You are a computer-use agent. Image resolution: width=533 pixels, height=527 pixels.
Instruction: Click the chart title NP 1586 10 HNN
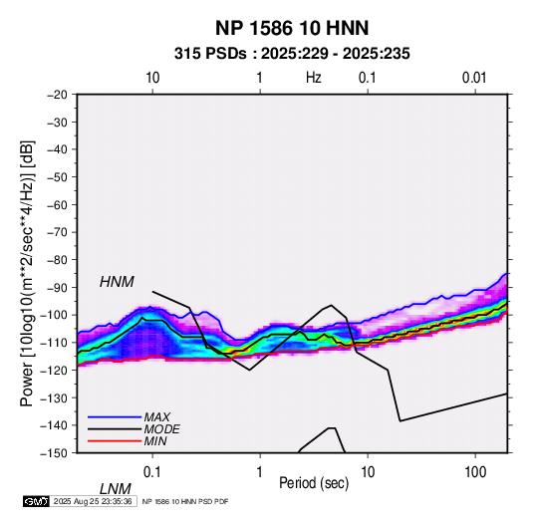coord(292,28)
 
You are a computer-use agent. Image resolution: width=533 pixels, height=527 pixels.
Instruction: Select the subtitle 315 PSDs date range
coord(292,54)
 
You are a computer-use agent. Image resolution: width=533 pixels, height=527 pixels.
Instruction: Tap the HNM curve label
coord(117,282)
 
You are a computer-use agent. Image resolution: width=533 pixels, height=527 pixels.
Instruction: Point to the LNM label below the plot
coord(116,489)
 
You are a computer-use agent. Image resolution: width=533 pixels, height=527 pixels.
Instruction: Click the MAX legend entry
coord(157,416)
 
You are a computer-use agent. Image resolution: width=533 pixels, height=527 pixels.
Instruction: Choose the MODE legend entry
coord(161,429)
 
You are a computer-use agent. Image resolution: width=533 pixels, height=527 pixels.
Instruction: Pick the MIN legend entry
coord(155,441)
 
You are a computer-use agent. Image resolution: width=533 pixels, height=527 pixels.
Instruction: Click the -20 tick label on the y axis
coord(57,95)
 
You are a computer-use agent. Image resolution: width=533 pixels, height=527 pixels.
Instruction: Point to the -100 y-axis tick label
coord(54,315)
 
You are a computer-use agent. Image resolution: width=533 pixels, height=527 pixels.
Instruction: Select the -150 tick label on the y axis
coord(54,453)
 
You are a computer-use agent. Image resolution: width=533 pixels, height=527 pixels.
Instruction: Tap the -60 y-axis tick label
coord(57,204)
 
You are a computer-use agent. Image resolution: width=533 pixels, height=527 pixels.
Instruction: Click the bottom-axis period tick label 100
coord(475,472)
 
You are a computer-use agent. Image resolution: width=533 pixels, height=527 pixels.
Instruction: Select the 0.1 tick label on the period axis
coord(151,472)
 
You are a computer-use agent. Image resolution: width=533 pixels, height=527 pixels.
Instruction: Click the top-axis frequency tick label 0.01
coord(474,78)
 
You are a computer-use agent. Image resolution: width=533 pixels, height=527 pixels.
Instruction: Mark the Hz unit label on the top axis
coord(314,78)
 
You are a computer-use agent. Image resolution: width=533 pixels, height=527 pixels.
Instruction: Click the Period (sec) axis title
coord(314,483)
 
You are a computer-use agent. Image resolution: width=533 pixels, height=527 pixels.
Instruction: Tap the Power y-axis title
coord(27,274)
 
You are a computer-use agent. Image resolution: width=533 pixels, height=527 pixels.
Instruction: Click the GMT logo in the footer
coord(37,501)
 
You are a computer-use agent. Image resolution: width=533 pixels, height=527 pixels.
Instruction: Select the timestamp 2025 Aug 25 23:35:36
coord(93,501)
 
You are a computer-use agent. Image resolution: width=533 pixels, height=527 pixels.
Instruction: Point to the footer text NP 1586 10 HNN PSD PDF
coord(185,501)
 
